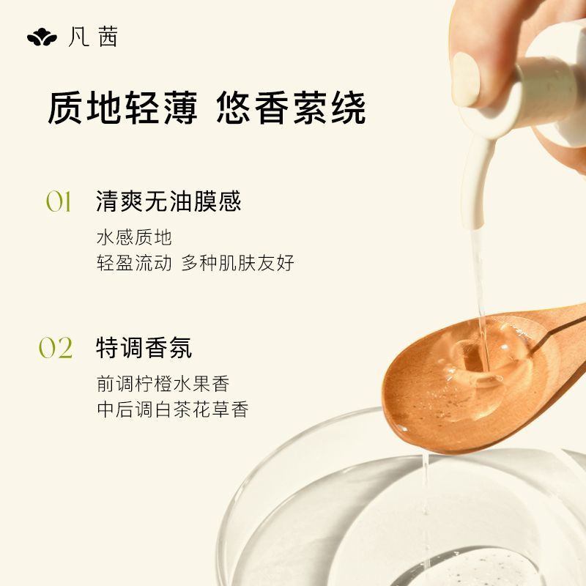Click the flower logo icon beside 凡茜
click(x=42, y=37)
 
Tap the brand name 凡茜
click(x=93, y=37)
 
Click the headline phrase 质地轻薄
click(x=122, y=108)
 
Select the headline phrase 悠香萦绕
click(x=291, y=108)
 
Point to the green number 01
click(x=59, y=202)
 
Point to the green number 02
click(x=56, y=348)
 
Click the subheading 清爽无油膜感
click(x=168, y=201)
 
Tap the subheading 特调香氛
click(x=144, y=347)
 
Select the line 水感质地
click(x=135, y=237)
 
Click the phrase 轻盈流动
click(x=135, y=263)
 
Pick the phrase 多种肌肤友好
click(x=237, y=263)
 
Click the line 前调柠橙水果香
click(x=163, y=384)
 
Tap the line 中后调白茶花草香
click(x=173, y=409)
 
